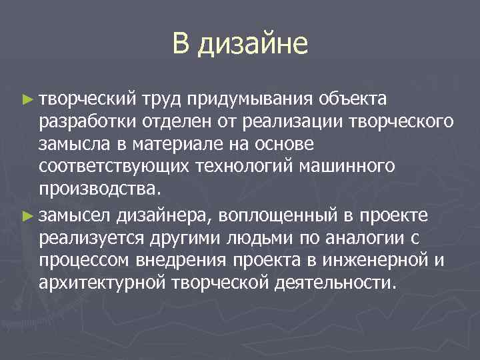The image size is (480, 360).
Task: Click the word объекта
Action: coord(353,100)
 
